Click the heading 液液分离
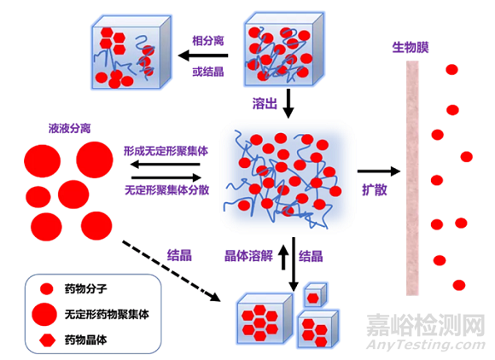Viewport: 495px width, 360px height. (x=70, y=129)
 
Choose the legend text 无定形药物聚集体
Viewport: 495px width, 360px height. (x=107, y=314)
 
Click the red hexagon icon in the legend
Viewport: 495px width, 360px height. (x=46, y=340)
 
